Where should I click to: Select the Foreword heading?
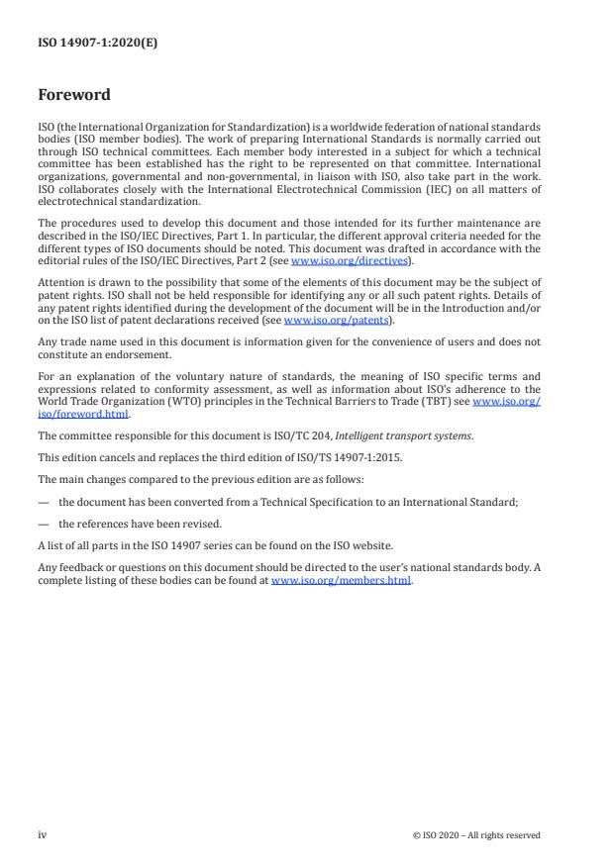pyautogui.click(x=74, y=95)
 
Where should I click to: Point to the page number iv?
pyautogui.click(x=43, y=834)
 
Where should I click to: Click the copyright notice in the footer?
pyautogui.click(x=476, y=834)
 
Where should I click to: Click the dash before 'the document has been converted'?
pyautogui.click(x=43, y=502)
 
